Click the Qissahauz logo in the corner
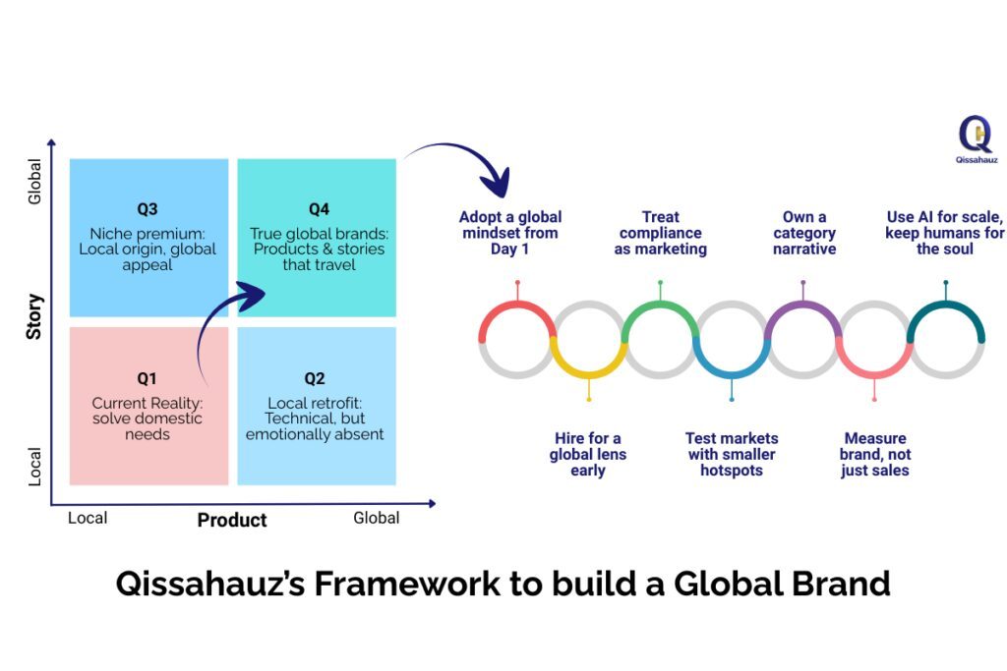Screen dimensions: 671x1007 click(x=975, y=140)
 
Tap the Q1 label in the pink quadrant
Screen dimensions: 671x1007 click(x=148, y=378)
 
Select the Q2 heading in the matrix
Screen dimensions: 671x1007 click(x=315, y=378)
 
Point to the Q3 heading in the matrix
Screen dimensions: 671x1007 click(x=148, y=209)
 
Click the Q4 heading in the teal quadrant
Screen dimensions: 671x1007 click(x=318, y=209)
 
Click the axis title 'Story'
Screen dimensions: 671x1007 click(x=34, y=316)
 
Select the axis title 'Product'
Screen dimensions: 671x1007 click(x=232, y=520)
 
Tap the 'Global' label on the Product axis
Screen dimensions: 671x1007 click(x=377, y=518)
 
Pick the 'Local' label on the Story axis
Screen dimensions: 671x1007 click(x=35, y=467)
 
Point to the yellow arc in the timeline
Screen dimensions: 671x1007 click(x=588, y=368)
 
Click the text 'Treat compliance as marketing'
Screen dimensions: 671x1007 click(x=661, y=233)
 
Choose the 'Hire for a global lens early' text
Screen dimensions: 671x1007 click(x=588, y=454)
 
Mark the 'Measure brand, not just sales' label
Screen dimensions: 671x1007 click(x=874, y=454)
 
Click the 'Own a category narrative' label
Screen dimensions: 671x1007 click(x=803, y=233)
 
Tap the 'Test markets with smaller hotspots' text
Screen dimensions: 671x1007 click(x=732, y=454)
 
